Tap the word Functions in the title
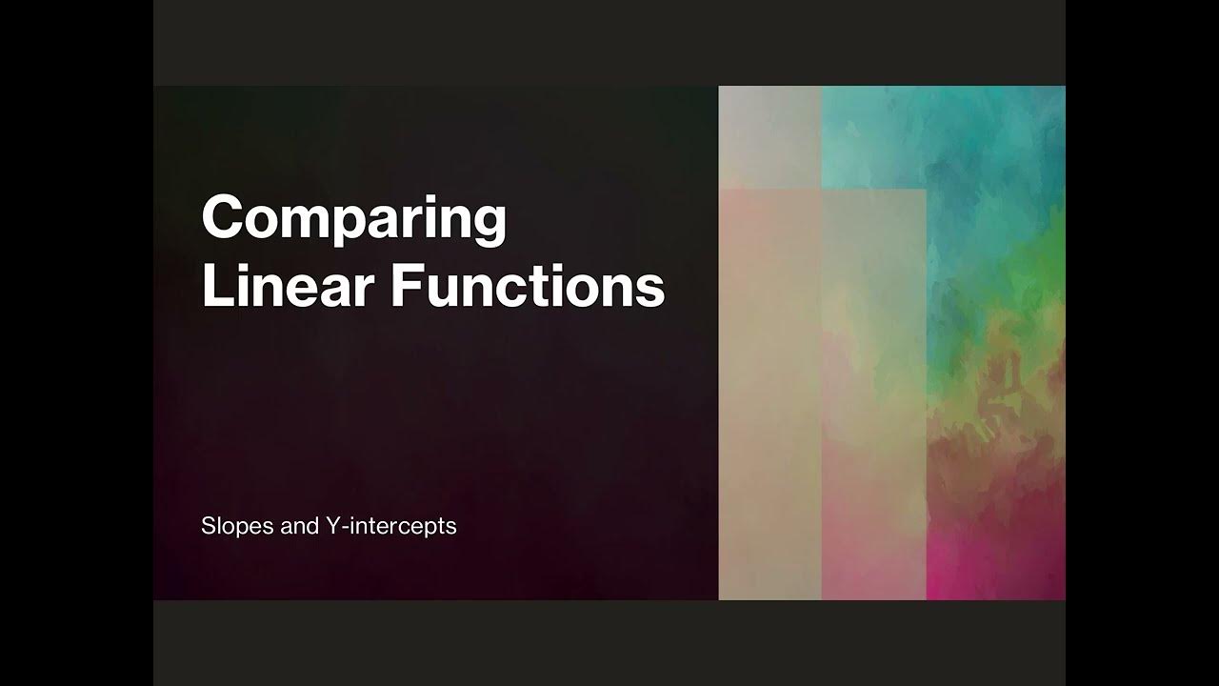(528, 287)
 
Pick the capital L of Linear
(214, 287)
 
